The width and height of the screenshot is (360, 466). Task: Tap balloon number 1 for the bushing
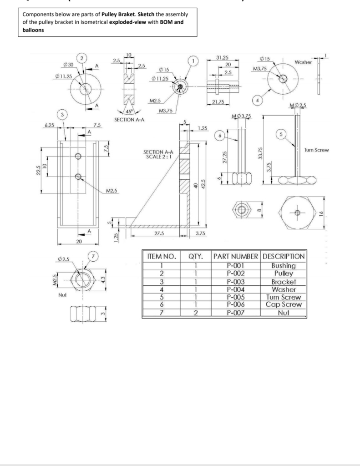click(x=194, y=60)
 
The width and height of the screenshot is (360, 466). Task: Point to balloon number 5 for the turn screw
click(x=281, y=134)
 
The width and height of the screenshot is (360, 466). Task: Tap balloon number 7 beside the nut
click(x=93, y=257)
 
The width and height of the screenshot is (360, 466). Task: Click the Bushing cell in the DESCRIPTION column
click(x=283, y=266)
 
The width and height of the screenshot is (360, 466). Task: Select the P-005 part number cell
click(x=235, y=297)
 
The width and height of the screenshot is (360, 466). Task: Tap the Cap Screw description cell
click(x=283, y=305)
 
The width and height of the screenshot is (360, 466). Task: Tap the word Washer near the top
click(x=303, y=62)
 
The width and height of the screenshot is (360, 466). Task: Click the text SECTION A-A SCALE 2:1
click(x=157, y=154)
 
